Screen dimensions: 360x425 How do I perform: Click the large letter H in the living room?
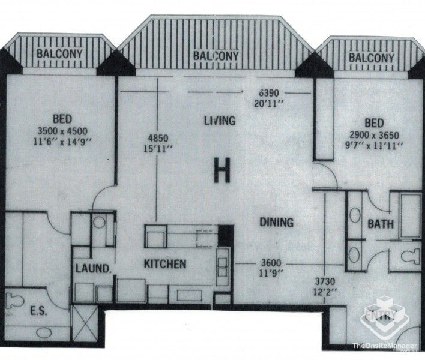point(222,172)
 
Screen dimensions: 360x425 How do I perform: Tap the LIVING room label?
point(219,121)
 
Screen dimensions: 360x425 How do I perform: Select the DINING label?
point(276,223)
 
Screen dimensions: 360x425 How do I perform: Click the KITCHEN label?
point(164,263)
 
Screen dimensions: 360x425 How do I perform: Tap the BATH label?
point(381,225)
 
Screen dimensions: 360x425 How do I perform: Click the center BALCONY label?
point(216,56)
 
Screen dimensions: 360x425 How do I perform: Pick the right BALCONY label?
point(372,58)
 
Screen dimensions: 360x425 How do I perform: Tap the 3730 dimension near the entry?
point(325,281)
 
